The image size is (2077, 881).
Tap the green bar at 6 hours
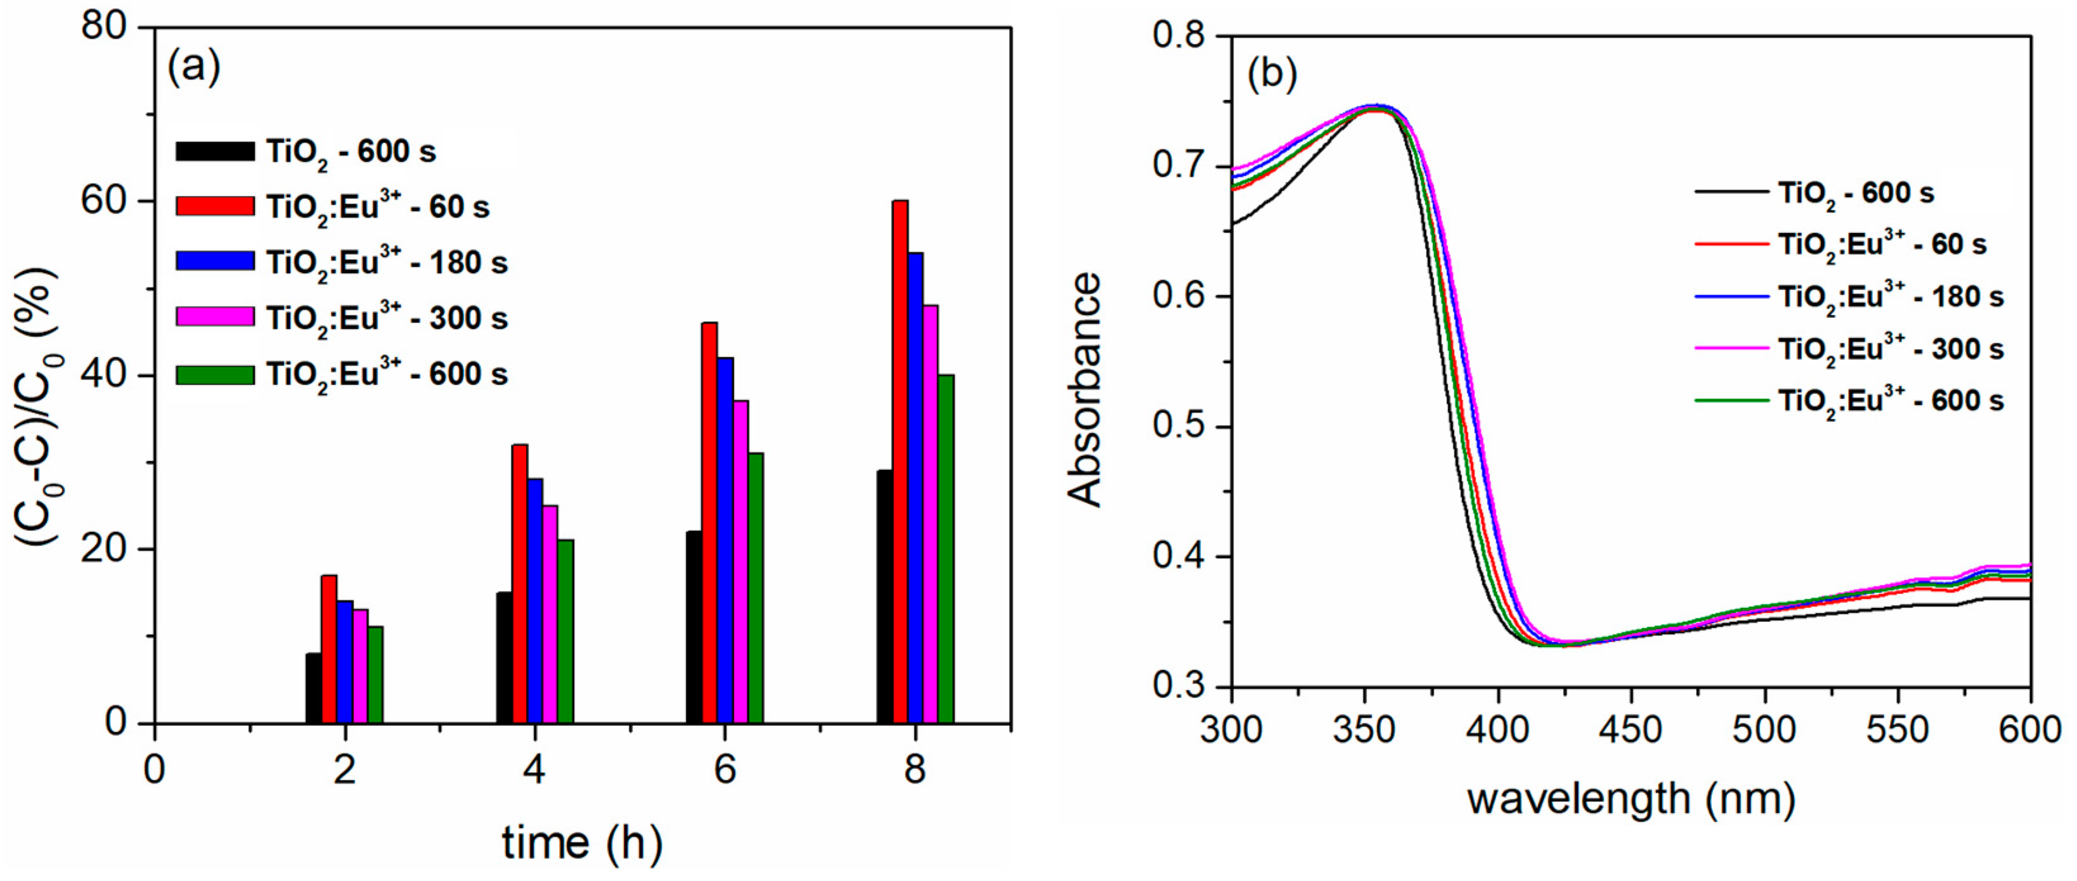[x=756, y=588]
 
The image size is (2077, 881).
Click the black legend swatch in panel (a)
[x=214, y=151]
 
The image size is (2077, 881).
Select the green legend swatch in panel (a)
[x=214, y=374]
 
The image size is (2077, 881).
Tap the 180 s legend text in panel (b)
[x=1891, y=296]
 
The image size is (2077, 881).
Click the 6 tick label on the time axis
[x=724, y=769]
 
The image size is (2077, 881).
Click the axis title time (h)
[x=582, y=843]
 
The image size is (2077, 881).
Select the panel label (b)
[x=1271, y=74]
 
